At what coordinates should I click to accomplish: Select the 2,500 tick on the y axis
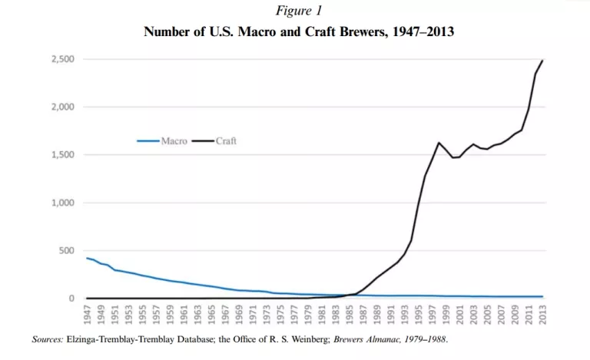(63, 59)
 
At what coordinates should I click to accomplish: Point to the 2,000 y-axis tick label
(63, 107)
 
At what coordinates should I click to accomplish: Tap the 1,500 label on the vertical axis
(63, 155)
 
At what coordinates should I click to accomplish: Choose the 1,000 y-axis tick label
(63, 203)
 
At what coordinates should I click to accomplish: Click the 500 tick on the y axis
(68, 251)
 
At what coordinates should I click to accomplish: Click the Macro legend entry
(174, 141)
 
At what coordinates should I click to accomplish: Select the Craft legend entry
(226, 141)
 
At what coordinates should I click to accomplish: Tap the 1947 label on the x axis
(87, 315)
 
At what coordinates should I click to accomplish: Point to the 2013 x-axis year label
(542, 315)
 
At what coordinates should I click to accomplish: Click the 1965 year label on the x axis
(211, 315)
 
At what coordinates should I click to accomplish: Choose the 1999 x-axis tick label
(446, 315)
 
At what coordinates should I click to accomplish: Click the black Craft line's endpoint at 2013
(542, 60)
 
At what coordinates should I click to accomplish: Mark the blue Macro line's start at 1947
(87, 258)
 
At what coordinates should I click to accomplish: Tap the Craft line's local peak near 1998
(439, 143)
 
